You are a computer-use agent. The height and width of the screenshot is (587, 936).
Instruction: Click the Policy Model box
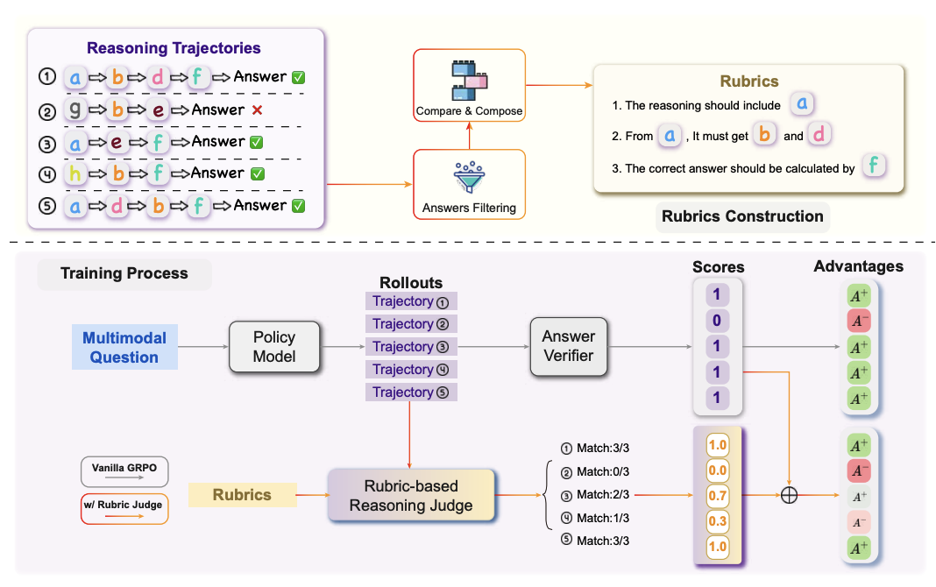274,346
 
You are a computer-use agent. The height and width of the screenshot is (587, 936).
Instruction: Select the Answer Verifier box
568,346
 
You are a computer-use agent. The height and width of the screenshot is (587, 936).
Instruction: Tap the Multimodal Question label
124,347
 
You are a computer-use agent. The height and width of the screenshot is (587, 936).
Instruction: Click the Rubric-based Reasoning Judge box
411,496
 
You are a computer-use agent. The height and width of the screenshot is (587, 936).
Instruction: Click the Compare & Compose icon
468,80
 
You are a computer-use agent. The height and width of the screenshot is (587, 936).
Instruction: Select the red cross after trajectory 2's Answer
257,110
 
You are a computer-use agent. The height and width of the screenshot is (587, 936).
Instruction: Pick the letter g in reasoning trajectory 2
75,110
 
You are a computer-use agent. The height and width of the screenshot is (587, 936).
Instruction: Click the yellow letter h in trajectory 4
75,173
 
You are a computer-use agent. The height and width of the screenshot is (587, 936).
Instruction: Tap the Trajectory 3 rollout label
410,347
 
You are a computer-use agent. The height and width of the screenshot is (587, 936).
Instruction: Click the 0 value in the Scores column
716,322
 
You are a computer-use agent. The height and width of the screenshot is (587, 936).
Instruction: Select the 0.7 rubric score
717,495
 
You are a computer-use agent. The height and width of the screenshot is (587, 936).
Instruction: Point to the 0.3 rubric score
717,520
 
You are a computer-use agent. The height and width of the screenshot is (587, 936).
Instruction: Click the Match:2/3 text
603,495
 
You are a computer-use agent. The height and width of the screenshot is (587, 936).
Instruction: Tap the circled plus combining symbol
790,495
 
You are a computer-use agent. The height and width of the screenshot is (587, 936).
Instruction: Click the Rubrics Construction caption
743,216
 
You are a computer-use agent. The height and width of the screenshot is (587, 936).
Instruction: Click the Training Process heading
124,273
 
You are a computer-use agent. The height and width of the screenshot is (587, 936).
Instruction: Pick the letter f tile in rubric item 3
873,166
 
